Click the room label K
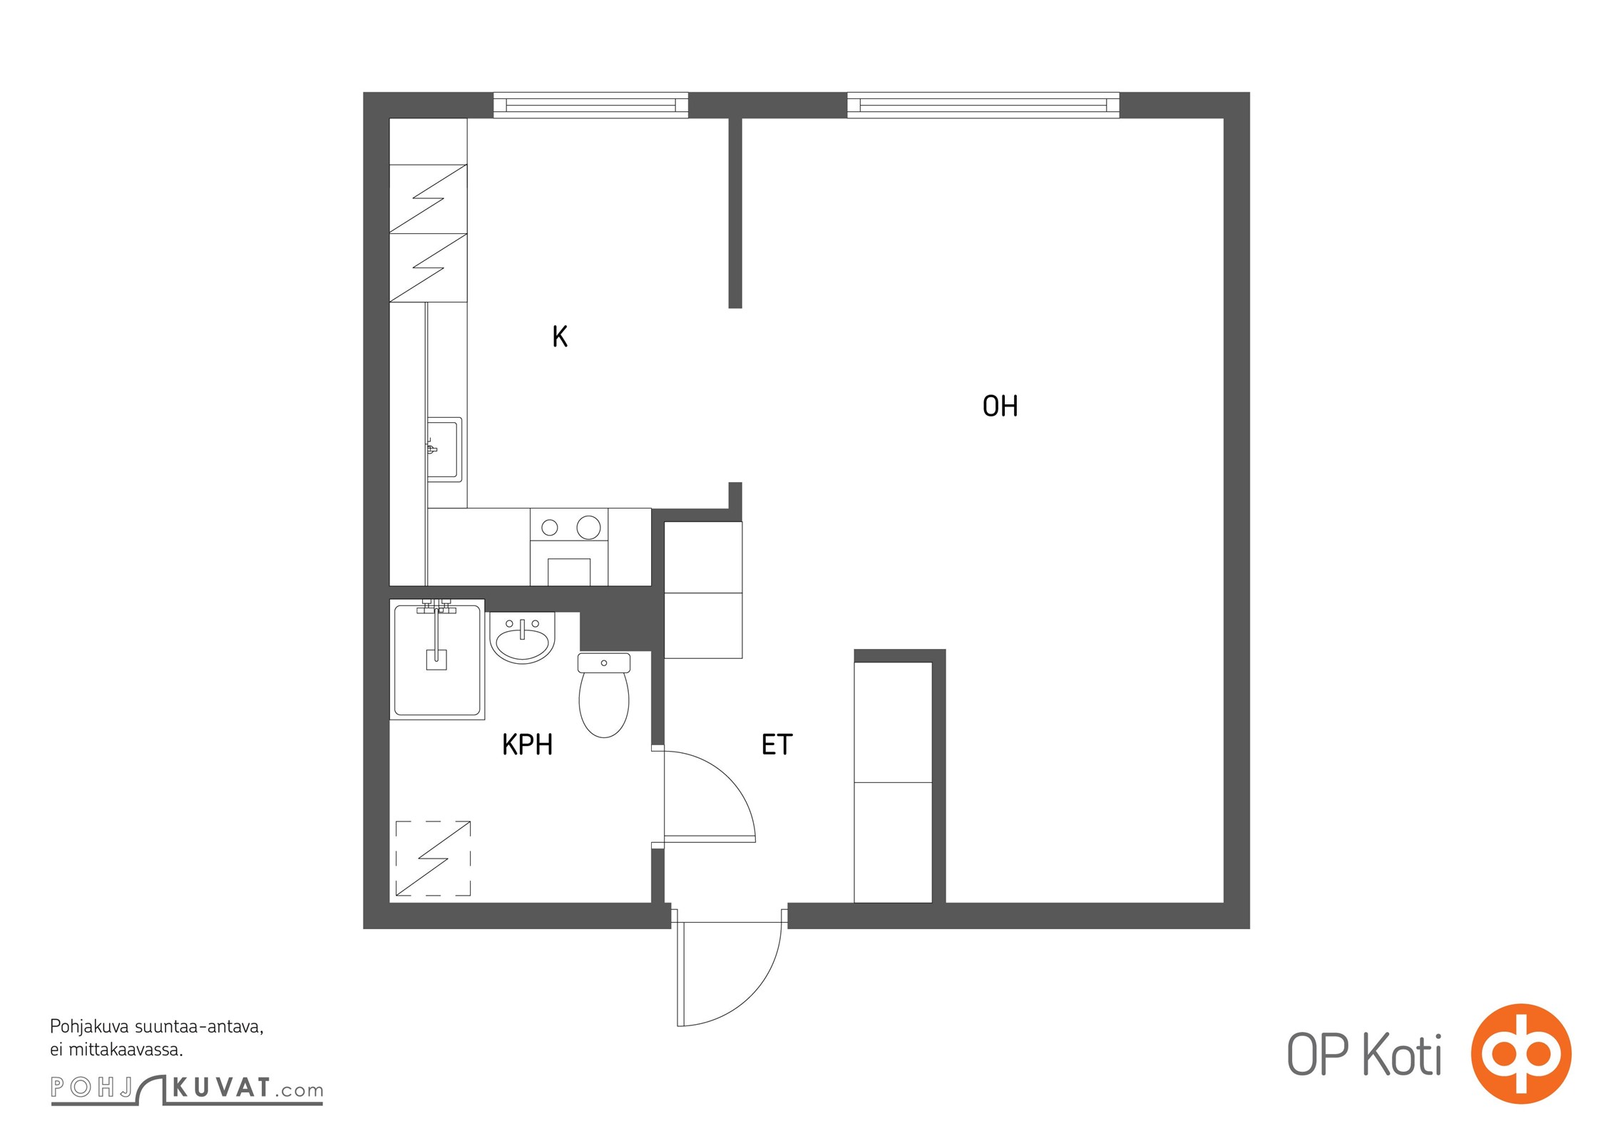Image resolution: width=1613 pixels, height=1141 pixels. (x=560, y=337)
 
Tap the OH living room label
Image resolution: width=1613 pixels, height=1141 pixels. (x=1000, y=406)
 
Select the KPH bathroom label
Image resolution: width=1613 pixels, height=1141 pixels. (x=528, y=745)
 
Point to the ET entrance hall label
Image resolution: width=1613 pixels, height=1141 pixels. (x=777, y=745)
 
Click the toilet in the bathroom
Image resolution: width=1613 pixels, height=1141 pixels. (x=604, y=695)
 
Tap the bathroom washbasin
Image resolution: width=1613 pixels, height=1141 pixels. (x=522, y=638)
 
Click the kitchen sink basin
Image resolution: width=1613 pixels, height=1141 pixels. (x=444, y=449)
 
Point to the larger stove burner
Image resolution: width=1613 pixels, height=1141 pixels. (x=588, y=528)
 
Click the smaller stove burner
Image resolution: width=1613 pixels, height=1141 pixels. (x=550, y=528)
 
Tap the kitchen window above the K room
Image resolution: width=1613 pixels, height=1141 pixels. (x=591, y=106)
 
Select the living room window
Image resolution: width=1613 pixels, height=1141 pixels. (x=983, y=106)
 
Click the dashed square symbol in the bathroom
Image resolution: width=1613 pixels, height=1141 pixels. (x=434, y=859)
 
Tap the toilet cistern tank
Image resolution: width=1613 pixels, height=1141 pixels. (x=604, y=662)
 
